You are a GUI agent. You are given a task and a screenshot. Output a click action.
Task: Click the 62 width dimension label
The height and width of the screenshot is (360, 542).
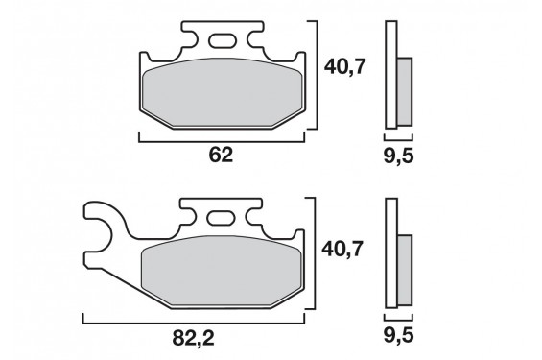click(x=222, y=155)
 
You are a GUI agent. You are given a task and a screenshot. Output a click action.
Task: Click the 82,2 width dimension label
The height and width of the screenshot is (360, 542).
click(x=193, y=338)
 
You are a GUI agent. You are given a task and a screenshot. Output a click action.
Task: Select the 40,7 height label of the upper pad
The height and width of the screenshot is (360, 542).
click(x=344, y=67)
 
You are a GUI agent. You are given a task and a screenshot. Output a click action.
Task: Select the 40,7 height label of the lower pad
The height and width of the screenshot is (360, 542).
click(x=342, y=249)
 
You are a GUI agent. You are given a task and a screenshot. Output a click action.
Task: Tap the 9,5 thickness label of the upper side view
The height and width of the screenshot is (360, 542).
click(x=398, y=156)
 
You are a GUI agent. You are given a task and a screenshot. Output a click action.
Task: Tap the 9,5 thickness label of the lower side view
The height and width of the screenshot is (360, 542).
click(x=398, y=336)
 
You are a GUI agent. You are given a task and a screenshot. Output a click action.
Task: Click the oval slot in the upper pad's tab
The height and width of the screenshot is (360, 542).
click(x=222, y=40)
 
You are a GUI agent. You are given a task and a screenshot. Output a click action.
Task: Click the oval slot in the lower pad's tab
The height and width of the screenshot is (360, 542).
click(x=220, y=218)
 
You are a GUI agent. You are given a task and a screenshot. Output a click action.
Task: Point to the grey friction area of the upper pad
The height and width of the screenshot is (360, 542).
click(x=223, y=92)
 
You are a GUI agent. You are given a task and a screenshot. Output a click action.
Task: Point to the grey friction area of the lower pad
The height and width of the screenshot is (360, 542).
click(x=222, y=271)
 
